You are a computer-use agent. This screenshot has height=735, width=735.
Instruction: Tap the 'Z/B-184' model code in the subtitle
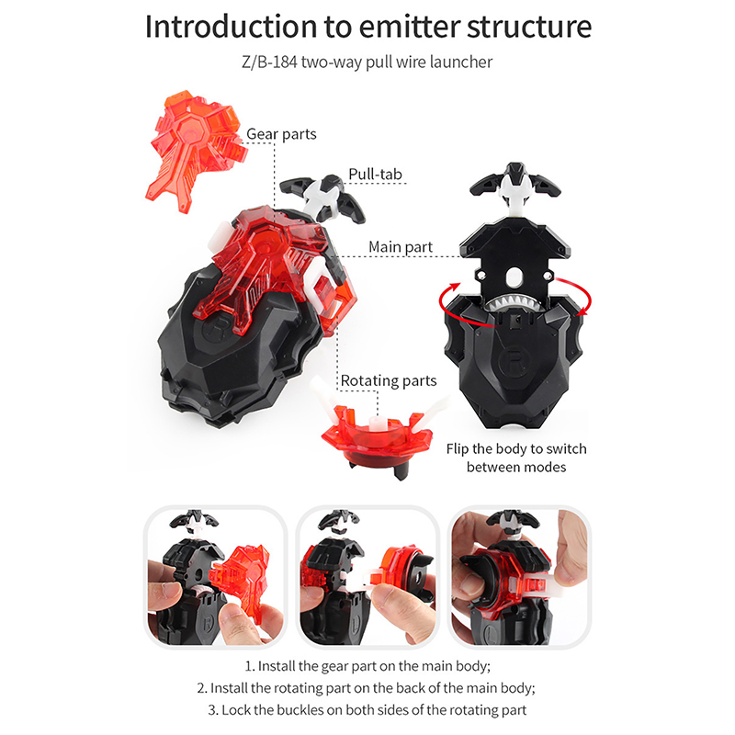(269, 62)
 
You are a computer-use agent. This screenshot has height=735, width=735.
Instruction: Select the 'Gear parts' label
(281, 134)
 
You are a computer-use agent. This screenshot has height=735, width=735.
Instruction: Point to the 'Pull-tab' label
(375, 174)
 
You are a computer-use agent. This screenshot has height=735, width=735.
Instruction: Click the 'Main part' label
(401, 246)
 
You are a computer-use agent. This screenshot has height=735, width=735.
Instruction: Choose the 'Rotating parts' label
(389, 380)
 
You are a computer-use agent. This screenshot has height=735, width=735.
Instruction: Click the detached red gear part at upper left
(196, 151)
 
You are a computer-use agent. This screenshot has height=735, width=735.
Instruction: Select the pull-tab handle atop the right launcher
(515, 186)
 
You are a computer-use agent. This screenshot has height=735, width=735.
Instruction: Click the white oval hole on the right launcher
(514, 277)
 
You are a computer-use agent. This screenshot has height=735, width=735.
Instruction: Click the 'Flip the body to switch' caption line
(516, 448)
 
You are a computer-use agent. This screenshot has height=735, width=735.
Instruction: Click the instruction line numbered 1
(367, 665)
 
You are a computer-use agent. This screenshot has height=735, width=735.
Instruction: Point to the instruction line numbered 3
(367, 709)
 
